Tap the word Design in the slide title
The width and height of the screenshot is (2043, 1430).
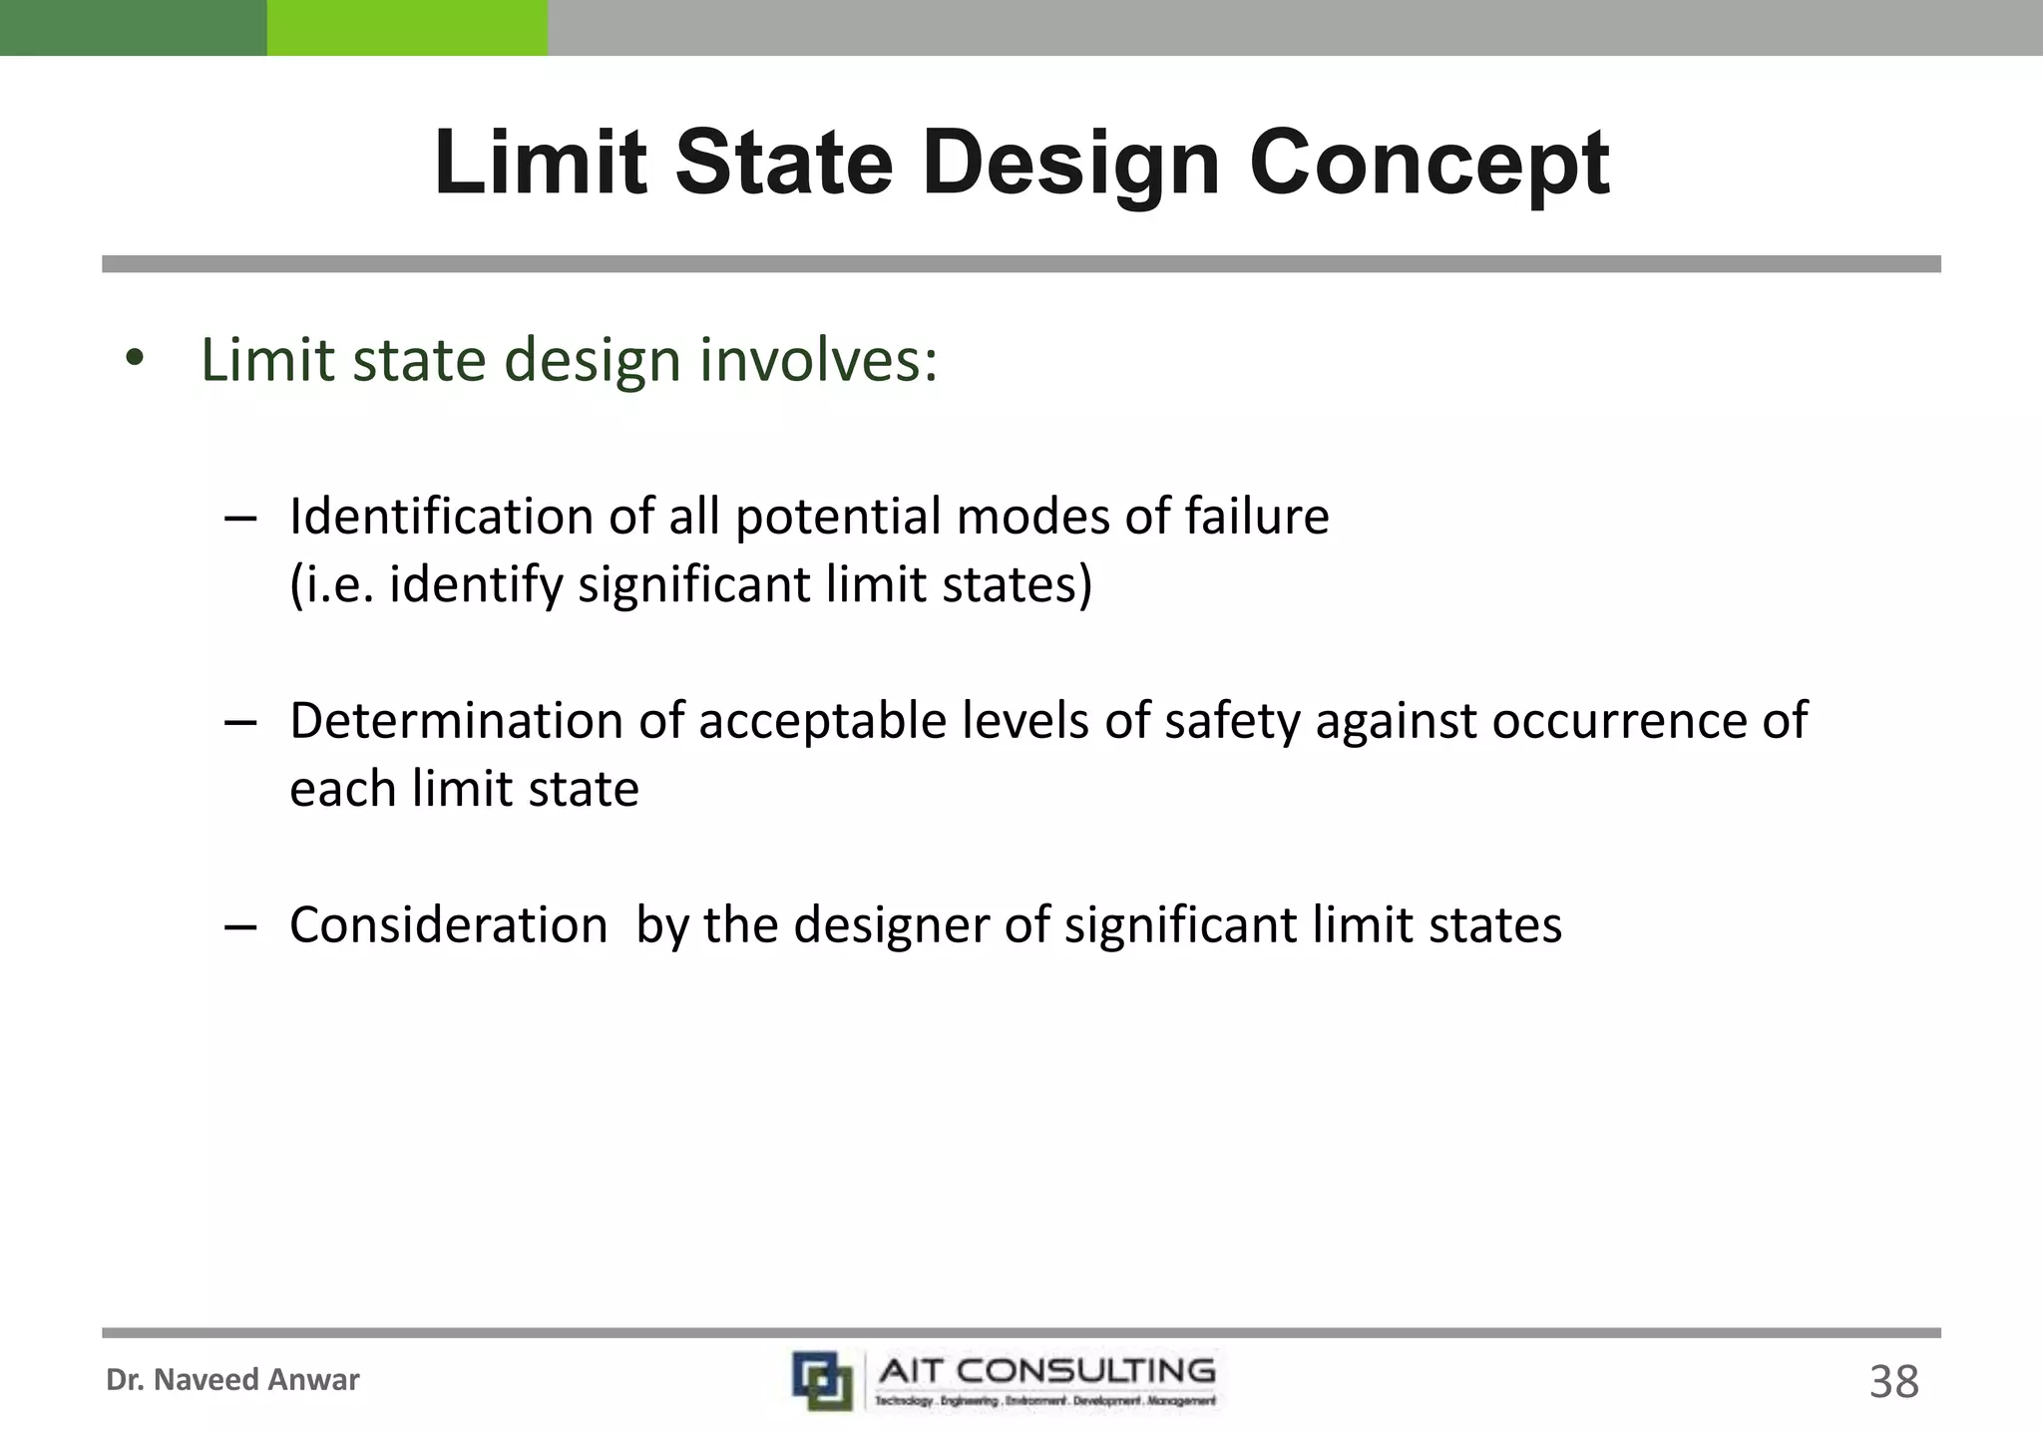(1070, 165)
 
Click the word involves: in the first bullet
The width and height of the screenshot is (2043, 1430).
(818, 360)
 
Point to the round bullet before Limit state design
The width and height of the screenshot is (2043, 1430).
(136, 359)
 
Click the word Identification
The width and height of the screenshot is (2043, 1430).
(471, 517)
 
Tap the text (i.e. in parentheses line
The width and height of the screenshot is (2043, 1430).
(331, 584)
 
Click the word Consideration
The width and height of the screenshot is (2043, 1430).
(448, 924)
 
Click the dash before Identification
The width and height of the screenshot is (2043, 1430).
(240, 519)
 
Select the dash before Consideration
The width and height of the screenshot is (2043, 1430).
(240, 926)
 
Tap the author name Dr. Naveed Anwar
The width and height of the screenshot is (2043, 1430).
(232, 1380)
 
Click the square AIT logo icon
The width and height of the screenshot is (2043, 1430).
(822, 1380)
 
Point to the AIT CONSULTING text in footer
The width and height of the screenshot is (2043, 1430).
(1045, 1371)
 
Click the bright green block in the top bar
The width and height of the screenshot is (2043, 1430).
(407, 27)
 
